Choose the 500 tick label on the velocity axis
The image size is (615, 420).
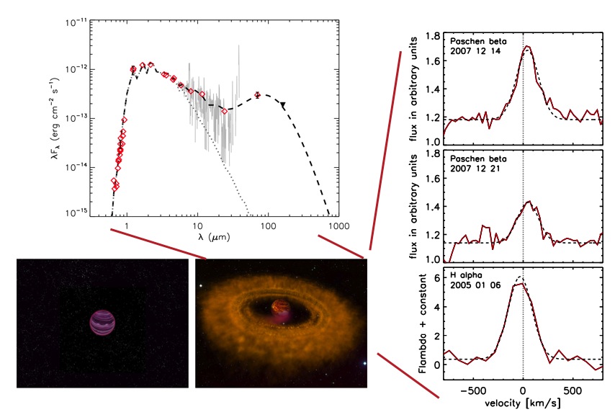(x=573, y=390)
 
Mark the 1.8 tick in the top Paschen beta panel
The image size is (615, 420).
(x=433, y=35)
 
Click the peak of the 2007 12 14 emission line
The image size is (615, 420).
(x=526, y=47)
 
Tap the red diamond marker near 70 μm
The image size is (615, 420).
(x=257, y=95)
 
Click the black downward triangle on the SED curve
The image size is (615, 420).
(x=283, y=106)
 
